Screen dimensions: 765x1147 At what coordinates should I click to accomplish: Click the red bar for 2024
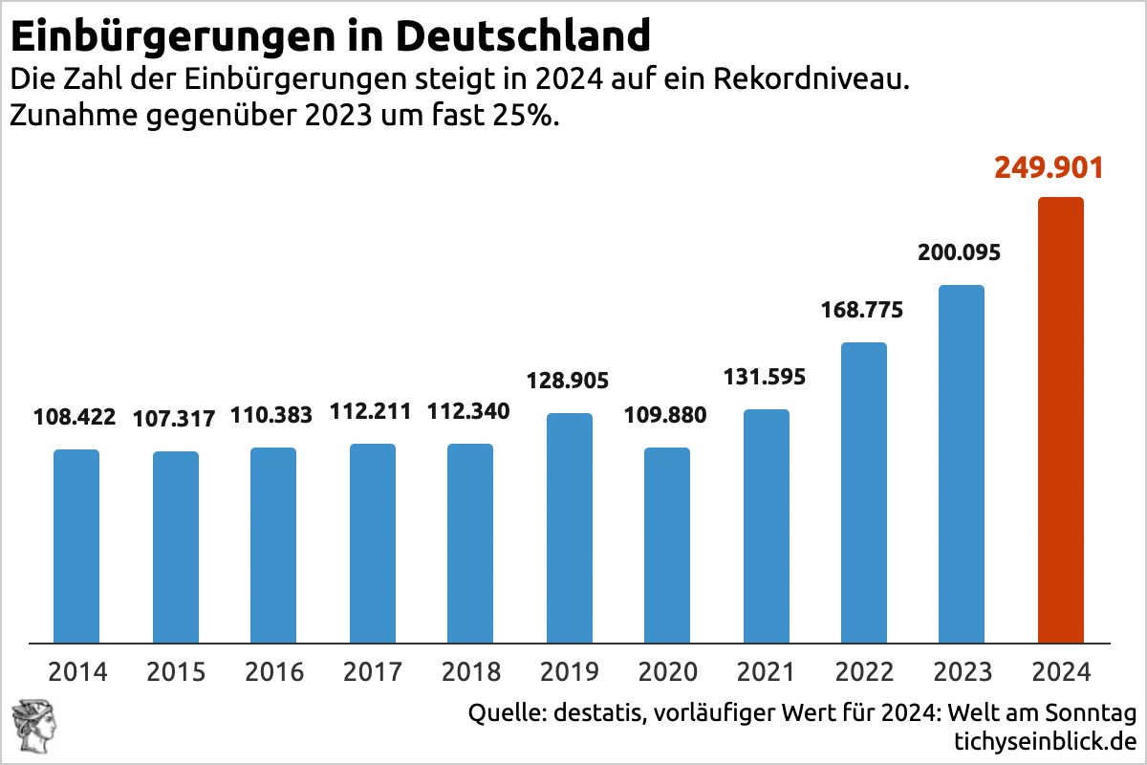point(1060,421)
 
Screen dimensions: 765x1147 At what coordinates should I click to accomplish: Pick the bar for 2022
point(864,492)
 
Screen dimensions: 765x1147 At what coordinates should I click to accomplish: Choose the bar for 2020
point(667,545)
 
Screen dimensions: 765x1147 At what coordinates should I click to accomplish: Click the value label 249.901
point(1049,167)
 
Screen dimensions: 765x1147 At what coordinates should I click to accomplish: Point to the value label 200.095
point(959,253)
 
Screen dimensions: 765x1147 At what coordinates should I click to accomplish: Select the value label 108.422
point(75,417)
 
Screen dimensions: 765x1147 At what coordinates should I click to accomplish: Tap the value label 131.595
point(765,376)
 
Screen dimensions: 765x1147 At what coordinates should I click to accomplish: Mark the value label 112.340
point(469,412)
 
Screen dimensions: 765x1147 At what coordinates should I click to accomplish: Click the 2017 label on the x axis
point(373,671)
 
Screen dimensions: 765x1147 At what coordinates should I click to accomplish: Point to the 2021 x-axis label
point(767,671)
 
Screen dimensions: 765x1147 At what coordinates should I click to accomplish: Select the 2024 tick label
point(1060,671)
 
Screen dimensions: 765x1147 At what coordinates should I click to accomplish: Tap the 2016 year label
point(274,671)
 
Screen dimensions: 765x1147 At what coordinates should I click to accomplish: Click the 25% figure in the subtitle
point(531,117)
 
